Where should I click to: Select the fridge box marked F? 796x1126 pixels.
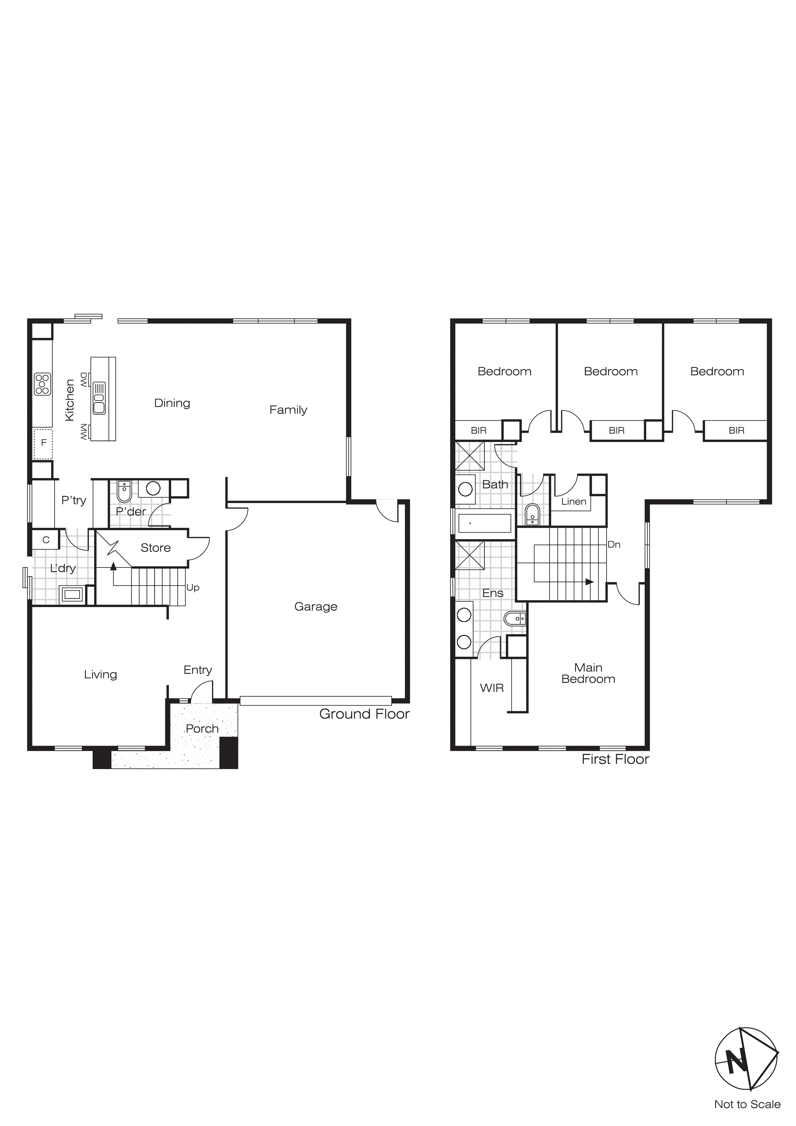point(43,443)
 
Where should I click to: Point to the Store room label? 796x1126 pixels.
point(155,548)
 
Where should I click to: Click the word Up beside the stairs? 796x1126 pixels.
point(193,587)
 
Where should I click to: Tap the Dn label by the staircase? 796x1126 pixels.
point(614,544)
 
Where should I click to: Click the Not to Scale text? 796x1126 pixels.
point(747,1104)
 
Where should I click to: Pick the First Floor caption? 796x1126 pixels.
point(615,759)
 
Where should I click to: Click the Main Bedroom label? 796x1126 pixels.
point(588,673)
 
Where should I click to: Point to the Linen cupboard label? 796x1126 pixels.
point(573,502)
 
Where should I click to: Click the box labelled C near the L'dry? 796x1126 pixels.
point(46,540)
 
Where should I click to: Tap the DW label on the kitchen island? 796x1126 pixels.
point(84,380)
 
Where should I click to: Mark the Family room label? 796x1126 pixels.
point(288,410)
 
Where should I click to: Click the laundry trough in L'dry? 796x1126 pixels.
point(72,595)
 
